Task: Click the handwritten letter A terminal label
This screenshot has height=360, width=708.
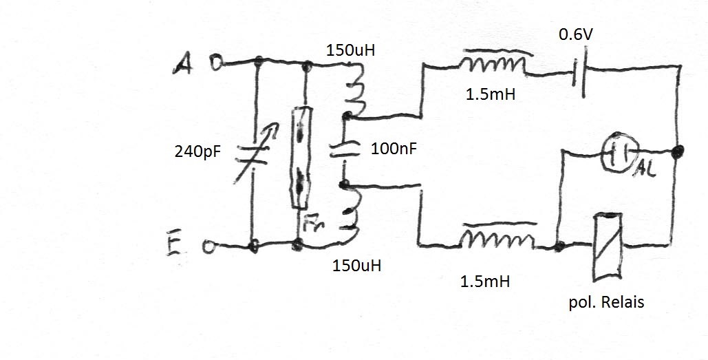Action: pyautogui.click(x=183, y=63)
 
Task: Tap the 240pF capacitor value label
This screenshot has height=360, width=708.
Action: pyautogui.click(x=197, y=151)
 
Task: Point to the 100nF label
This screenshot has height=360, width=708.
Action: pyautogui.click(x=394, y=149)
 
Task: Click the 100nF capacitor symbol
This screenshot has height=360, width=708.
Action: pyautogui.click(x=344, y=150)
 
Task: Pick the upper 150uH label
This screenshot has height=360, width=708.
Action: pyautogui.click(x=350, y=50)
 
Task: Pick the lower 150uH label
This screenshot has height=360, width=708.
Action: pyautogui.click(x=356, y=266)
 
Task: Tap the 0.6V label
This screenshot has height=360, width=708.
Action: pyautogui.click(x=576, y=34)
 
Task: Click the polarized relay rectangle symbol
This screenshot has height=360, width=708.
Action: pyautogui.click(x=608, y=246)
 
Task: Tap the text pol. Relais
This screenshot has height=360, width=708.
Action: pyautogui.click(x=606, y=301)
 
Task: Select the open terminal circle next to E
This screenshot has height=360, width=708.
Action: pyautogui.click(x=208, y=246)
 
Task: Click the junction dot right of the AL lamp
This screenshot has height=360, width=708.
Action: pyautogui.click(x=677, y=151)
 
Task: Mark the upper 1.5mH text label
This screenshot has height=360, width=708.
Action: pyautogui.click(x=491, y=94)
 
